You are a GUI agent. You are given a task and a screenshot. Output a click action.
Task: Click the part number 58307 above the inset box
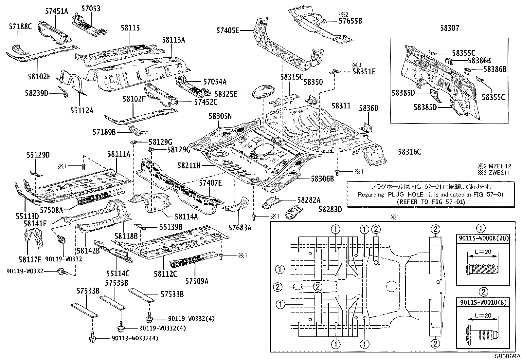click(x=450, y=28)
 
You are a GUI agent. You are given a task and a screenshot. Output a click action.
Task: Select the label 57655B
click(x=350, y=21)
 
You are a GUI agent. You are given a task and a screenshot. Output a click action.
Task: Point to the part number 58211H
click(x=189, y=165)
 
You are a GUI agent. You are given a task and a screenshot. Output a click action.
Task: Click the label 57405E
click(x=228, y=30)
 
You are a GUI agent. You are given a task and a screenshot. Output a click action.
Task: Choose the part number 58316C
click(x=409, y=152)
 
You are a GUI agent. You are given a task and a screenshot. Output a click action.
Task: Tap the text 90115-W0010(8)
click(x=483, y=302)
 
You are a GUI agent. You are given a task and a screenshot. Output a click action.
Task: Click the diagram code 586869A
click(x=508, y=356)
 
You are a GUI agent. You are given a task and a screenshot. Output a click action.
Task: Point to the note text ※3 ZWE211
click(x=494, y=173)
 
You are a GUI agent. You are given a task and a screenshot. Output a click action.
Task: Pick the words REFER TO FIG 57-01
click(x=431, y=202)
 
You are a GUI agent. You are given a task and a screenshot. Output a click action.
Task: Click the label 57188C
click(x=20, y=27)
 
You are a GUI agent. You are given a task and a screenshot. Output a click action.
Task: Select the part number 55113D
click(x=27, y=216)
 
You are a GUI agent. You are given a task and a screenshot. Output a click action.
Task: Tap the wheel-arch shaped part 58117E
click(x=34, y=238)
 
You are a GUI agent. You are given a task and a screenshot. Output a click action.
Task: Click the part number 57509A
click(x=197, y=281)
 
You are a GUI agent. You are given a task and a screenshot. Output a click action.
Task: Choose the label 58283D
click(x=330, y=209)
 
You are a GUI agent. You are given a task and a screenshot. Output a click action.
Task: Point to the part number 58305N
click(x=220, y=116)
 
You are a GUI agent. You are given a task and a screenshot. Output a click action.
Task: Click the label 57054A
click(x=215, y=82)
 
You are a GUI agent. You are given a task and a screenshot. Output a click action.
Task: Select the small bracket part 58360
click(x=366, y=127)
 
